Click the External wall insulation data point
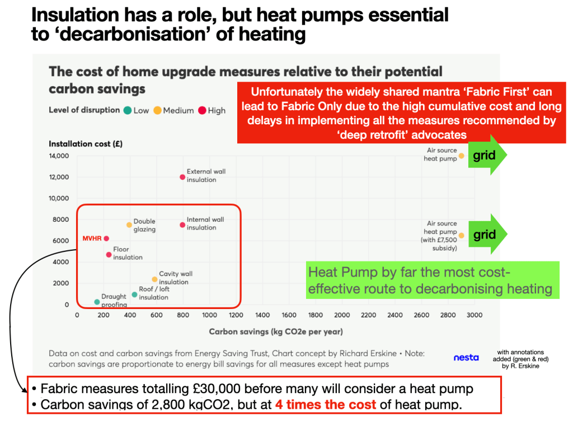pyautogui.click(x=182, y=177)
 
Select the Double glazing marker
pyautogui.click(x=129, y=225)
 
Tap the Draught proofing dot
pyautogui.click(x=97, y=302)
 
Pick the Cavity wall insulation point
pyautogui.click(x=154, y=279)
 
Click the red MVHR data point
pyautogui.click(x=106, y=238)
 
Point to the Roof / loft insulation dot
pyautogui.click(x=134, y=294)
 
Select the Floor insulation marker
pyautogui.click(x=109, y=255)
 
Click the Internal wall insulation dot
pyautogui.click(x=182, y=225)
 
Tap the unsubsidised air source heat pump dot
pyautogui.click(x=461, y=156)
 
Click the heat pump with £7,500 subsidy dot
pyautogui.click(x=461, y=236)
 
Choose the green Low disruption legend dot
pyautogui.click(x=128, y=110)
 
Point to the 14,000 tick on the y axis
pyautogui.click(x=59, y=156)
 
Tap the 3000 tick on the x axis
pyautogui.click(x=474, y=315)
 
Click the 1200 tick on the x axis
pyautogui.click(x=236, y=315)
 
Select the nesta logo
pyautogui.click(x=466, y=357)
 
